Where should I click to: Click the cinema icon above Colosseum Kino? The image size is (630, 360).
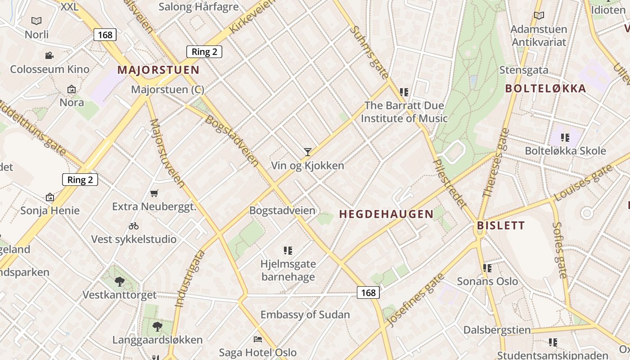click(49, 55)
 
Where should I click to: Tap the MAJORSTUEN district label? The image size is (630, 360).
click(158, 70)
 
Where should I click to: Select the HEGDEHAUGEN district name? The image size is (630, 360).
click(386, 214)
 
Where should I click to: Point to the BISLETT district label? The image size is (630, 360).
click(501, 225)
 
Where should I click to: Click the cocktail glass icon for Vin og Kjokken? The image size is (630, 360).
click(307, 152)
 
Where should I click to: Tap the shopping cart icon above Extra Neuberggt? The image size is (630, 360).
click(154, 193)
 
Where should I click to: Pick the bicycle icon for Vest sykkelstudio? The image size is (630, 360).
click(134, 225)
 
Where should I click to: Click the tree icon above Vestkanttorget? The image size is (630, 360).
click(120, 282)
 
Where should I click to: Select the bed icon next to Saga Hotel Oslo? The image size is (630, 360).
click(258, 339)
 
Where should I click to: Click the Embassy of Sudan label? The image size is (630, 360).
click(305, 315)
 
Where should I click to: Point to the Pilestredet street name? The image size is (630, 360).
click(449, 183)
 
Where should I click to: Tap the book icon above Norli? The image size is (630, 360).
click(36, 21)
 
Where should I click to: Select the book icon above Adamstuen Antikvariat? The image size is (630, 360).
click(539, 16)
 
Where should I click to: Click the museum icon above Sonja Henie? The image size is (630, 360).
click(50, 197)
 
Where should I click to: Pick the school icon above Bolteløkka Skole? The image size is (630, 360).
click(565, 137)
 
